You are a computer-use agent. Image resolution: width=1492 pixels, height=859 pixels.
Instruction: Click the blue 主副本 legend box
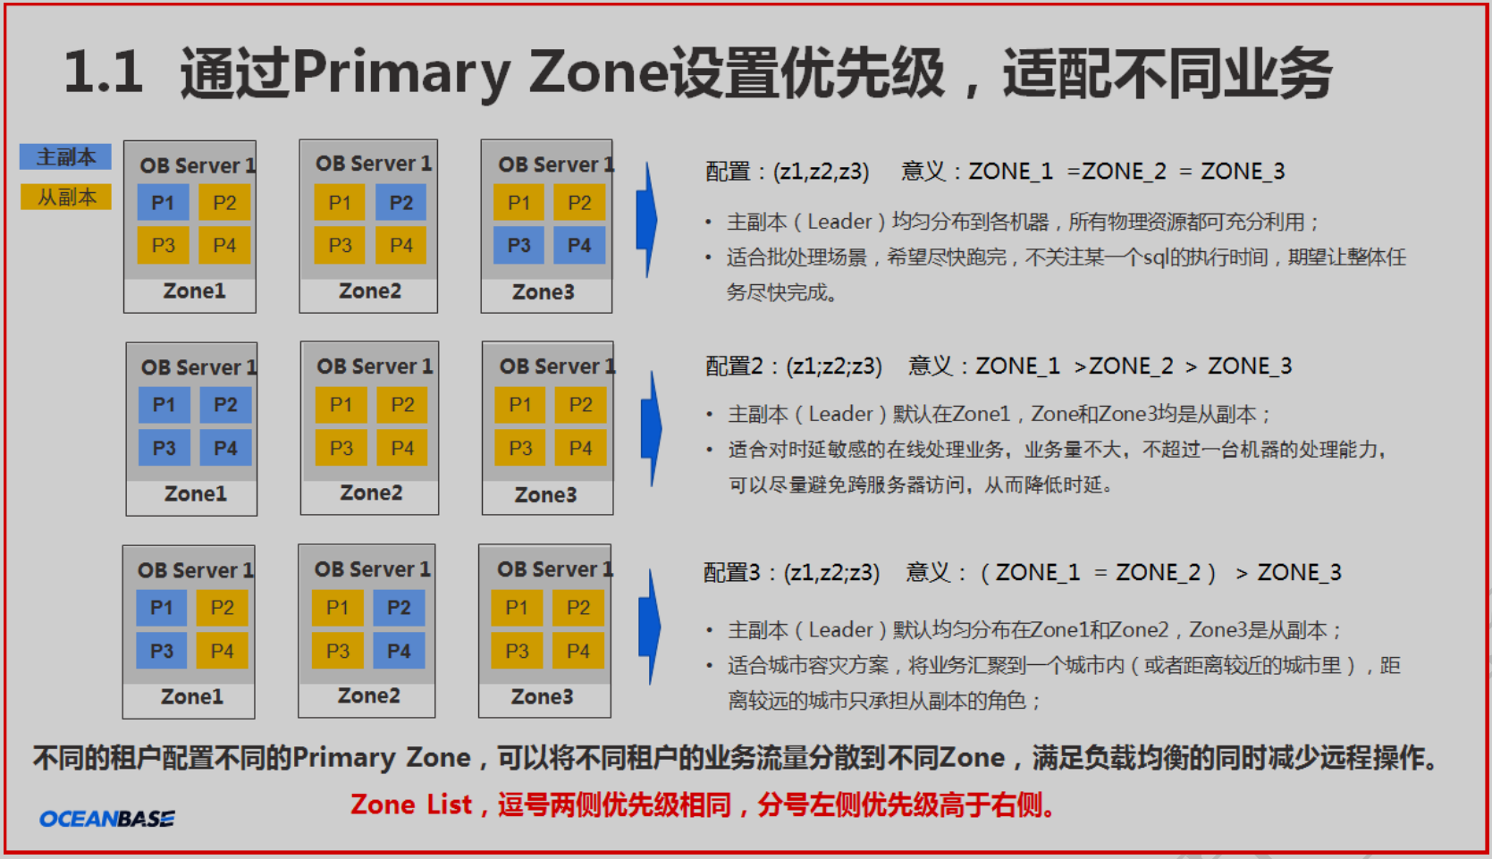(x=65, y=157)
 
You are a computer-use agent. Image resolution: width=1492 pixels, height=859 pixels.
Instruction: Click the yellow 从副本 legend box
(x=65, y=198)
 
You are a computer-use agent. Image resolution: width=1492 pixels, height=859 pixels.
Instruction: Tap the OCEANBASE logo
(x=107, y=819)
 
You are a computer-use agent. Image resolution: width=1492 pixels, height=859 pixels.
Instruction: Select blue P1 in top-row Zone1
(x=164, y=202)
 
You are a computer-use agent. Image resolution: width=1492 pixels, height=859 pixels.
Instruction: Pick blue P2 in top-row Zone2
(x=401, y=202)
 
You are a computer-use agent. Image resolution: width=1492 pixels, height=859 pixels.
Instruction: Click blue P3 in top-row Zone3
(x=518, y=245)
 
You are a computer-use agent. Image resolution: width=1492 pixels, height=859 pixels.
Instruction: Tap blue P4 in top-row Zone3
(x=579, y=245)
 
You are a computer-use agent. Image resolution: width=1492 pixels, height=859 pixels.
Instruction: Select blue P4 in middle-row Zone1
(x=226, y=448)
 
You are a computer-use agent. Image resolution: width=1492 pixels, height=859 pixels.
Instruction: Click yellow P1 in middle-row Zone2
(x=341, y=405)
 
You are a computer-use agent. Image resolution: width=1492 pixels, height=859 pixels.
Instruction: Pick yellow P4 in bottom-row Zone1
(x=223, y=651)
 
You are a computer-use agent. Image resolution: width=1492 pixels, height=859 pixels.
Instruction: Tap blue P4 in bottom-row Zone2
(x=399, y=651)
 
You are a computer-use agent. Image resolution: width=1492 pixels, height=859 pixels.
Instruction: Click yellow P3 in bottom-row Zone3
(x=517, y=651)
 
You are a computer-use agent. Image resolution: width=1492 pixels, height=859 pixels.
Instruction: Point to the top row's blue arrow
(x=647, y=220)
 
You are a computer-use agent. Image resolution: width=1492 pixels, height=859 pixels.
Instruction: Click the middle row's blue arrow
(x=652, y=429)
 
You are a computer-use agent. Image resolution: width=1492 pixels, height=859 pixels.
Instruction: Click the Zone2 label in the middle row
(x=371, y=493)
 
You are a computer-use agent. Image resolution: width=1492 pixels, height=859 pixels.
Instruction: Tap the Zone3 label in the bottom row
(x=543, y=696)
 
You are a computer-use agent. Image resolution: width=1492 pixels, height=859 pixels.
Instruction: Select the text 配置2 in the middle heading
(x=734, y=366)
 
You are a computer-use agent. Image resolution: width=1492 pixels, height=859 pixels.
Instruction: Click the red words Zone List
(x=411, y=804)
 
